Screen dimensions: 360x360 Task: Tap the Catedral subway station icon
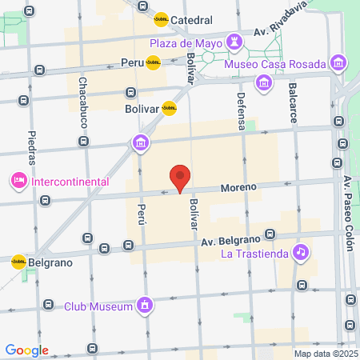click(x=161, y=20)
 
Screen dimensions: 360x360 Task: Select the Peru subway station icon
click(x=152, y=62)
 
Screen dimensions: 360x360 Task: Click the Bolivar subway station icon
click(x=169, y=108)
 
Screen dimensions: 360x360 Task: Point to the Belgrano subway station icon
click(x=18, y=262)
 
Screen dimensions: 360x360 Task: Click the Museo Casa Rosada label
click(x=277, y=63)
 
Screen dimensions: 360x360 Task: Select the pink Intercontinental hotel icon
click(x=18, y=182)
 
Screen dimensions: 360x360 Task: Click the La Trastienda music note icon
click(x=301, y=252)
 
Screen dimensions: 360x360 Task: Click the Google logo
click(x=26, y=350)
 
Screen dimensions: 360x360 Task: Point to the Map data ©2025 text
click(x=324, y=354)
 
